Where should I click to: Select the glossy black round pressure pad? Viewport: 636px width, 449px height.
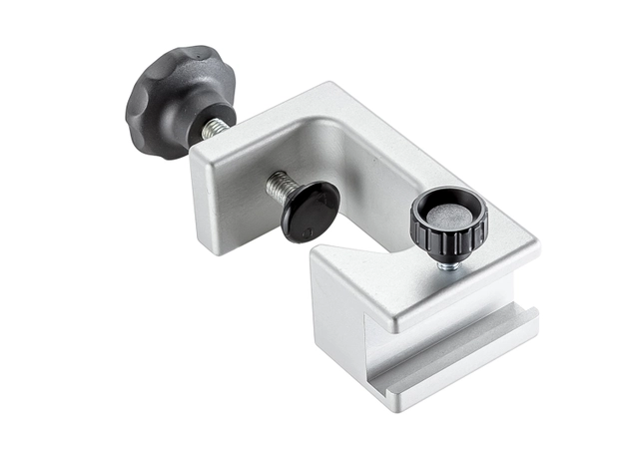pos(311,212)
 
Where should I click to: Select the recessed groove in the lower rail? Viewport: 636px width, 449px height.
pos(439,344)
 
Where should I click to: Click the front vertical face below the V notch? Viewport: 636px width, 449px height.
pos(339,319)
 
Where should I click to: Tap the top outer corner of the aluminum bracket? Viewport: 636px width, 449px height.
pos(329,87)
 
